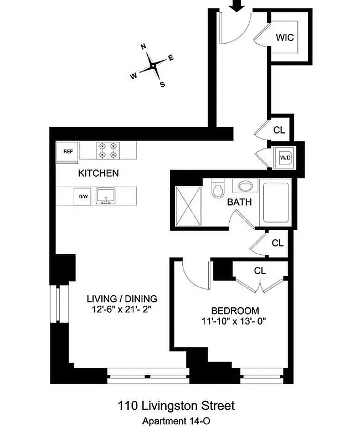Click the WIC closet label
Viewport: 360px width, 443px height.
(285, 38)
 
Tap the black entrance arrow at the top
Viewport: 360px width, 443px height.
(237, 6)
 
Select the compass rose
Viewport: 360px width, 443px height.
(152, 66)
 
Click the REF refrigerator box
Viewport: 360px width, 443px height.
(68, 151)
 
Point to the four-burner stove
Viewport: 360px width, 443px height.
(109, 151)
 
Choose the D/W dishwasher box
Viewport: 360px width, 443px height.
(84, 196)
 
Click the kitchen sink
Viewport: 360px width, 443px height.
(105, 195)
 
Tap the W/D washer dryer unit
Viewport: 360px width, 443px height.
(285, 157)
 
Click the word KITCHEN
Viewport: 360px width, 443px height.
(98, 173)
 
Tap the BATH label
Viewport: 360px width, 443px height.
(239, 202)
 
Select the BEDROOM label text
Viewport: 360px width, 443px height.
(235, 311)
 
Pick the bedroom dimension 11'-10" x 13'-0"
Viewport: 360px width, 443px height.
(235, 321)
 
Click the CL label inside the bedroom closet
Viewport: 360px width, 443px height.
(260, 271)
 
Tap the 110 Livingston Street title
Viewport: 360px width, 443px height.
(176, 406)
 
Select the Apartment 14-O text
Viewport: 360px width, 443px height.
(176, 421)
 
